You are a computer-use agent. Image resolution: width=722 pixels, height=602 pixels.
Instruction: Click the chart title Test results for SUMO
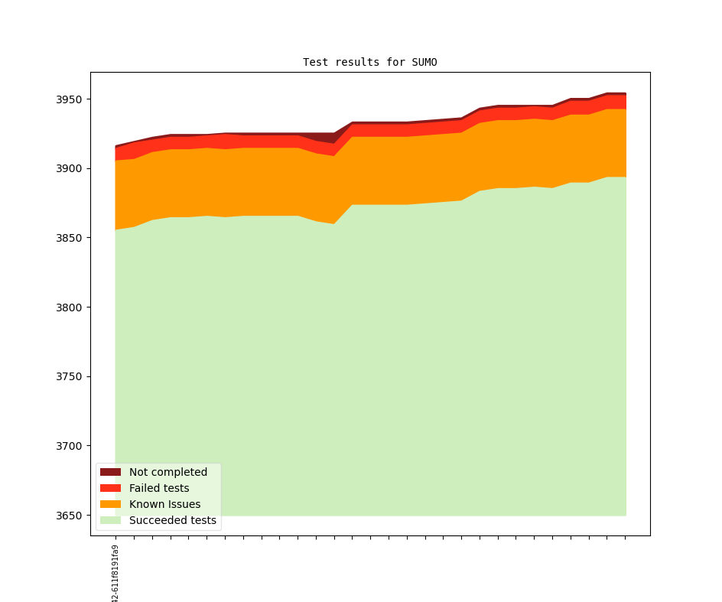[x=369, y=62]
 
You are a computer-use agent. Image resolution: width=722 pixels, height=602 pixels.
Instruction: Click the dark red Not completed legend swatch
[x=110, y=472]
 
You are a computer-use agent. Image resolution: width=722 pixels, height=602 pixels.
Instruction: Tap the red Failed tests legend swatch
[x=110, y=488]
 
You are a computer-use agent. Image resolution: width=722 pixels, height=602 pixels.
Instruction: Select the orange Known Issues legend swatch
[x=110, y=504]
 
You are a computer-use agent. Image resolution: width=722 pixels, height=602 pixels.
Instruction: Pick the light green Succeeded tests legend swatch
[x=110, y=521]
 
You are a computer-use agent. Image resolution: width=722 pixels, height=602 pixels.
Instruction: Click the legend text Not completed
[x=168, y=472]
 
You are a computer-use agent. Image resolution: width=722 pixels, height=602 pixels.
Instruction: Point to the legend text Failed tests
[x=159, y=488]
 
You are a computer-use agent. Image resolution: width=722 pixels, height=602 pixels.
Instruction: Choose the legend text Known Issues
[x=164, y=504]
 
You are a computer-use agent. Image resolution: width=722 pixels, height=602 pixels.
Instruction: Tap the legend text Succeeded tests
[x=173, y=521]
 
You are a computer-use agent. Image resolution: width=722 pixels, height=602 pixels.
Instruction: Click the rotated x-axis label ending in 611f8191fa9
[x=115, y=573]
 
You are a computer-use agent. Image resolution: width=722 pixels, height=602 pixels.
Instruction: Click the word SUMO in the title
[x=424, y=62]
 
